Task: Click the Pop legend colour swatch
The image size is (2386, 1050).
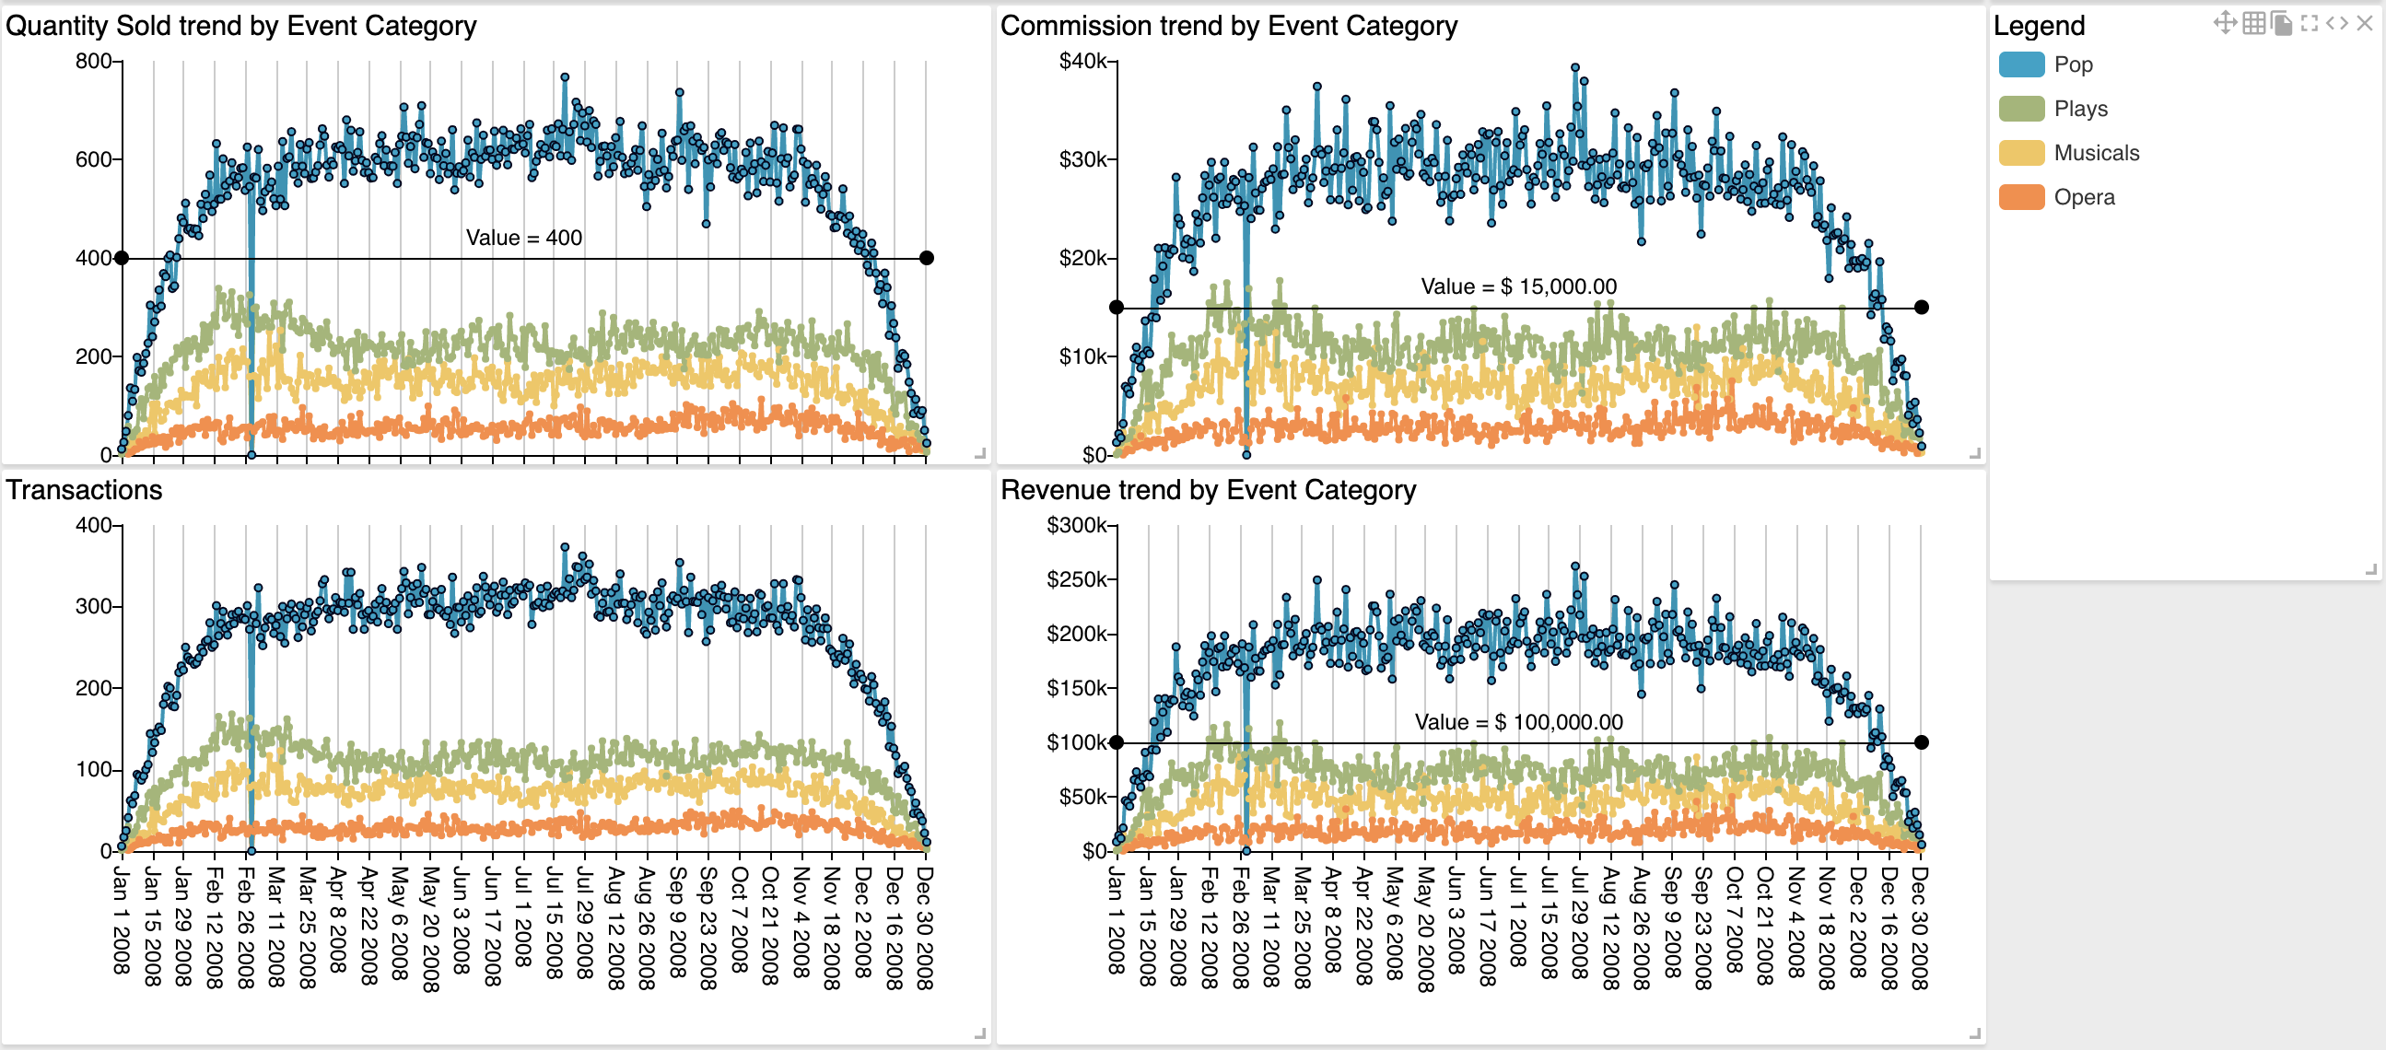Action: [2021, 64]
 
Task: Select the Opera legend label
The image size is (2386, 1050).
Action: [2084, 197]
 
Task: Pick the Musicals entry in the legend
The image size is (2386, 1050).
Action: [2096, 153]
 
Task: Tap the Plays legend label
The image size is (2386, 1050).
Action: [2080, 110]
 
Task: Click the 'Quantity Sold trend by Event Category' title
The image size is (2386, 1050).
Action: [240, 26]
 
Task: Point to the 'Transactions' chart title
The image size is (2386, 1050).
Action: [84, 490]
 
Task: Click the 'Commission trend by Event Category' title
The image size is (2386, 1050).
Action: [1228, 26]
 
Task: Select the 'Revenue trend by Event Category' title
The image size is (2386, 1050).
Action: [1208, 490]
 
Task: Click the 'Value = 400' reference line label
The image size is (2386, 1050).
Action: [523, 238]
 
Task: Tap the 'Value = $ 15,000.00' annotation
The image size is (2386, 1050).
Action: [1518, 286]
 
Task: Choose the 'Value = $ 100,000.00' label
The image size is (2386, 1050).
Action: [1518, 722]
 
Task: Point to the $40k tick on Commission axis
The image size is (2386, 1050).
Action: [1082, 61]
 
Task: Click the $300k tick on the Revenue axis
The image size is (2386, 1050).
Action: [1076, 526]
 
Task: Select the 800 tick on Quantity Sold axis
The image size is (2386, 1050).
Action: [94, 61]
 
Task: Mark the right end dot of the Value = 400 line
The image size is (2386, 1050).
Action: [926, 258]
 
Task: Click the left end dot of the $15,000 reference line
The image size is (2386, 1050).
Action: [1117, 308]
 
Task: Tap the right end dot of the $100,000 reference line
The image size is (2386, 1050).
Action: [1921, 742]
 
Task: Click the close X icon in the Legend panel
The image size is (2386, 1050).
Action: [2364, 23]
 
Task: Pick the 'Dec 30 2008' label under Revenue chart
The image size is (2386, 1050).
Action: [1919, 927]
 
